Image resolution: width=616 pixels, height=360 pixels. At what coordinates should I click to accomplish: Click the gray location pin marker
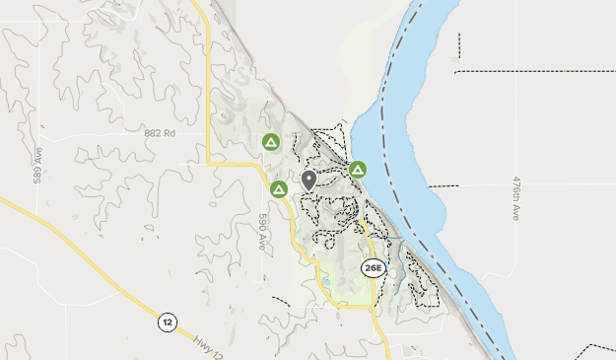[308, 180]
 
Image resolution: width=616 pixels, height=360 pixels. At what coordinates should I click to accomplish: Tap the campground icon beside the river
[358, 170]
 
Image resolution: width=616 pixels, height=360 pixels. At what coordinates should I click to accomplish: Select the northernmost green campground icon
[271, 142]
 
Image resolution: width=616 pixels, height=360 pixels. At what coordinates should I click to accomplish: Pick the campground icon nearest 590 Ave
[279, 188]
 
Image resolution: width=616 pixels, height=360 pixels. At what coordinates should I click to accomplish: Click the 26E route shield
[373, 268]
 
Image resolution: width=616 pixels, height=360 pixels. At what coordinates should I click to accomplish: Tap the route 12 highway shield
[167, 322]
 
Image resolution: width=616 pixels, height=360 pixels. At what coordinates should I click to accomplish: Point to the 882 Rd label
[159, 133]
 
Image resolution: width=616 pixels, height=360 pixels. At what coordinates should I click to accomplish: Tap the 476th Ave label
[514, 198]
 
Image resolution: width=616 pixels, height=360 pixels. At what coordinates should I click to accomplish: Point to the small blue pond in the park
[325, 282]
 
